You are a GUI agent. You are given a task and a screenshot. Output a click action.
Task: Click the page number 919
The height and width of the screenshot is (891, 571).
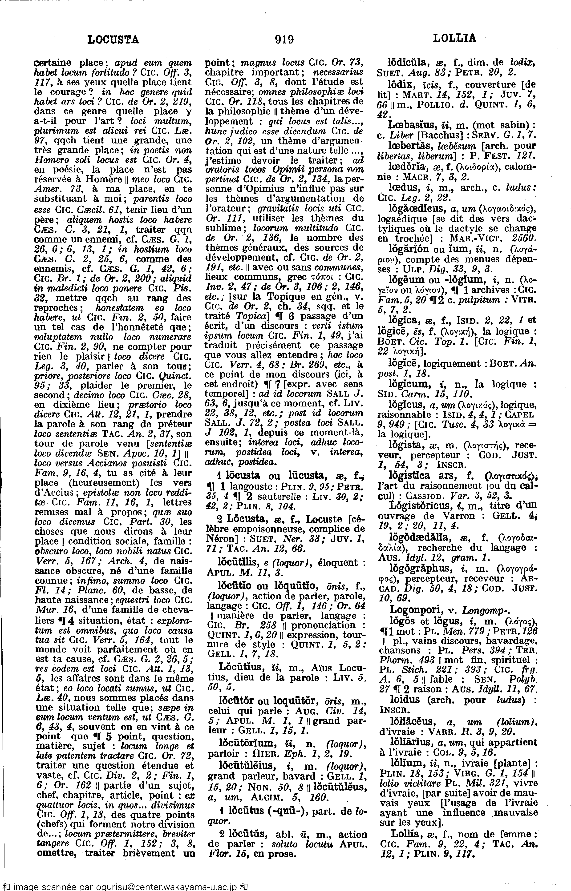pos(284,39)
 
